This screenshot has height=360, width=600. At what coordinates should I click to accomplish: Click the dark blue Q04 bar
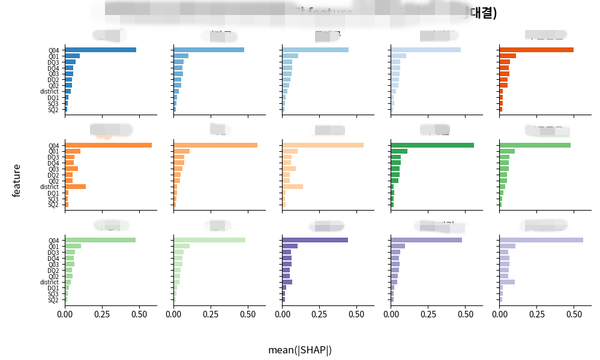click(100, 50)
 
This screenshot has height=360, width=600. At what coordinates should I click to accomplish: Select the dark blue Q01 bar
click(72, 56)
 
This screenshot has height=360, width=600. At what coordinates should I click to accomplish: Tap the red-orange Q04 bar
click(536, 50)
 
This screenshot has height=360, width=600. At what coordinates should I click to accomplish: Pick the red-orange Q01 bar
click(507, 56)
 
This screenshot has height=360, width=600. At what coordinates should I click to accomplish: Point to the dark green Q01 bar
click(399, 151)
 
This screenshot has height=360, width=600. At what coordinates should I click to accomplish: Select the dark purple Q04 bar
click(315, 240)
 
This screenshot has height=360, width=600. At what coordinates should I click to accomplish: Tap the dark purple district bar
click(287, 282)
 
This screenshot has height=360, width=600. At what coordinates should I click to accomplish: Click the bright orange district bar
click(75, 187)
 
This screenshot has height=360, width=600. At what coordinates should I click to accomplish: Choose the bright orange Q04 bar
click(108, 145)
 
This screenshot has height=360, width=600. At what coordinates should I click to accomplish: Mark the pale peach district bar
click(292, 187)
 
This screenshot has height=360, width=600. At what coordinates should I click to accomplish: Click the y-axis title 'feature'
click(17, 180)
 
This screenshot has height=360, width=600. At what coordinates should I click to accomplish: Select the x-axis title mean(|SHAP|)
click(300, 350)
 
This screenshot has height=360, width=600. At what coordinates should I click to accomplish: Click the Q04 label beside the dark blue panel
click(54, 50)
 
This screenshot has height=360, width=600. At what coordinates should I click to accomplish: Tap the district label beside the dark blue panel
click(49, 92)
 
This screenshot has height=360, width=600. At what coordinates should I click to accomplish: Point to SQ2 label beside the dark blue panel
click(53, 110)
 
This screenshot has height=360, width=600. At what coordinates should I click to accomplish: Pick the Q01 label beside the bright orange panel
click(54, 151)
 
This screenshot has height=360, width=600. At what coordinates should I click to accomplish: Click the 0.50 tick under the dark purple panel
click(356, 313)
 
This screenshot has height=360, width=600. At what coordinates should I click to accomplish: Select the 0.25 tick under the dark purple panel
click(319, 313)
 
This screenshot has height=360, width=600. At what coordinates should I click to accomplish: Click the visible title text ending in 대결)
click(480, 13)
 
